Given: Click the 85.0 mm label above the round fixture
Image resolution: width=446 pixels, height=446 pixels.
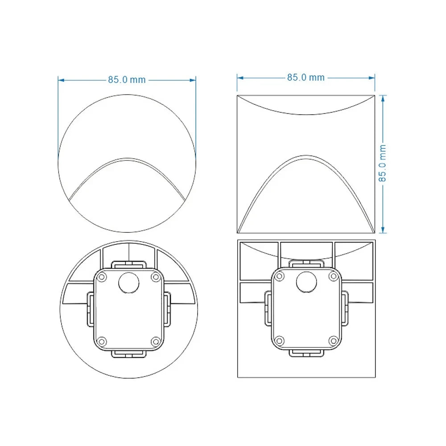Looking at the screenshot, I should (x=127, y=80).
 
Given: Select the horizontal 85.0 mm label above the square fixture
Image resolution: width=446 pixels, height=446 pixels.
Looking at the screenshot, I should (x=306, y=77).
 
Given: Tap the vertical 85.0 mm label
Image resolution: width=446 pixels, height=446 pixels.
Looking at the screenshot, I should (x=383, y=164).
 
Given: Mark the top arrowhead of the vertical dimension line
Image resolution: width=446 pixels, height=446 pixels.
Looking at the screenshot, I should (x=383, y=97).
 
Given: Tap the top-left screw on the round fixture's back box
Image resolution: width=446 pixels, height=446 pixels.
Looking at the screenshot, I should (x=102, y=277).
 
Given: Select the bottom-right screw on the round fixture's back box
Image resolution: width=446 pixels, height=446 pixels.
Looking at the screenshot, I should (x=155, y=341).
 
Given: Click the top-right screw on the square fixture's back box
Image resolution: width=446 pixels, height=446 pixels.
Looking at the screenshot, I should (x=333, y=277).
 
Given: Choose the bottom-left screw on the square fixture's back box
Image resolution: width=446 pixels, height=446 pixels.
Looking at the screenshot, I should (x=279, y=341).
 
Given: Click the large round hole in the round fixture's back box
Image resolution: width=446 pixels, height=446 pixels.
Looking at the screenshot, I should (x=128, y=282).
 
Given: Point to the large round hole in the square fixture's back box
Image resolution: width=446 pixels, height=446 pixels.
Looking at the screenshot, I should (x=306, y=282).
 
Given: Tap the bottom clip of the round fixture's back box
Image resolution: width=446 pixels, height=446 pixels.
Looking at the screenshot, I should (x=128, y=354).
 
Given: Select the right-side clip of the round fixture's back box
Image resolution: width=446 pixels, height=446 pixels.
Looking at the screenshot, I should (x=168, y=309).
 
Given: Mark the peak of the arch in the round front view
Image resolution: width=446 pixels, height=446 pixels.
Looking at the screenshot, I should (x=127, y=158).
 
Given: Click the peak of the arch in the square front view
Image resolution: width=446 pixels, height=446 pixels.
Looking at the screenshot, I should (x=306, y=156).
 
